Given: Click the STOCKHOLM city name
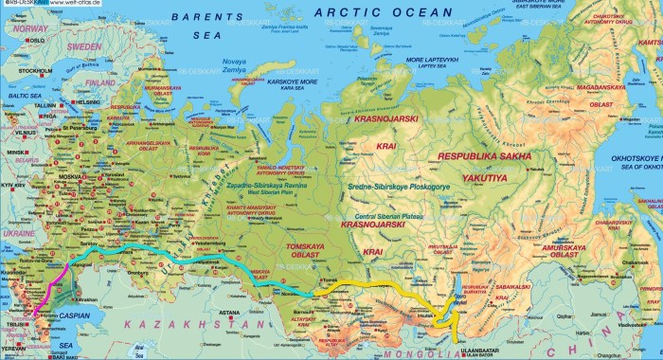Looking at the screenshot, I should click(x=36, y=70).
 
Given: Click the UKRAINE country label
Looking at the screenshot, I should click(x=19, y=232).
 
